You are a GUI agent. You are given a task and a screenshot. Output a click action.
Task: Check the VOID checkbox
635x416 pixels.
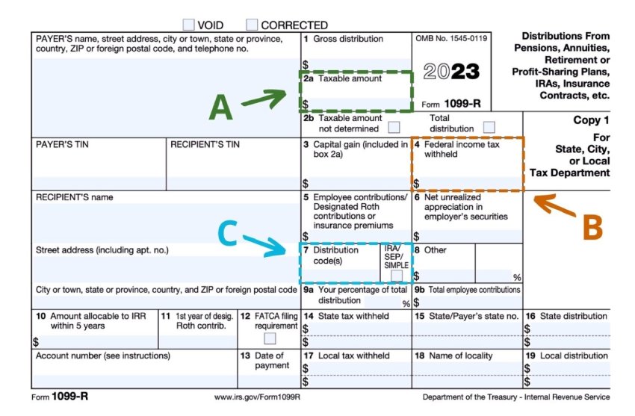click(188, 25)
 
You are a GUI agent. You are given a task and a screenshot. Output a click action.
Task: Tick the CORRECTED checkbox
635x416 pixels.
click(252, 25)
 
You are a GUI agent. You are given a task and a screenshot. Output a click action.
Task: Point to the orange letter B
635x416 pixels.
click(592, 228)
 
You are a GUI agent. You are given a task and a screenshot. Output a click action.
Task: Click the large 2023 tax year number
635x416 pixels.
click(451, 72)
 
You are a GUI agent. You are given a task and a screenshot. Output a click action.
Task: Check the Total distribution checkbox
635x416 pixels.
click(489, 127)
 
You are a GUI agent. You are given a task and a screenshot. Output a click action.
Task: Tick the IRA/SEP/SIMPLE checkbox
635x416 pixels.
click(396, 276)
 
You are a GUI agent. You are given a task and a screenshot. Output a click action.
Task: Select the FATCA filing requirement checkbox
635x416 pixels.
click(269, 338)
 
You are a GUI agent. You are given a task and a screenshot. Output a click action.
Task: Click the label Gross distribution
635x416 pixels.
click(347, 39)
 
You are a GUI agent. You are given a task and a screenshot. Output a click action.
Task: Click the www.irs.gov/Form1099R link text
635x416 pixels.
click(256, 397)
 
